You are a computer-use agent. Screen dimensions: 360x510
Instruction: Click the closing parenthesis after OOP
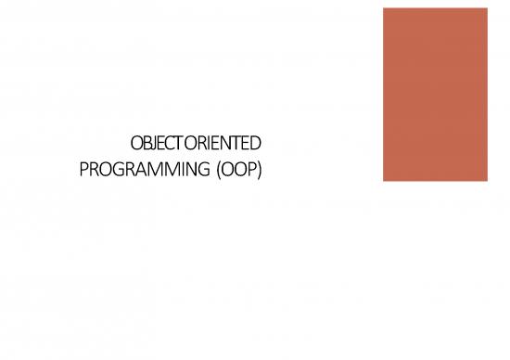point(260,171)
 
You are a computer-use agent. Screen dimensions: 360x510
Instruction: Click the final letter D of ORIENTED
point(257,145)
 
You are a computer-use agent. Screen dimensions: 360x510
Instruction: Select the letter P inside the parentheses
point(250,171)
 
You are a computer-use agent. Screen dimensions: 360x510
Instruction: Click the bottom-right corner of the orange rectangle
point(485,180)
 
